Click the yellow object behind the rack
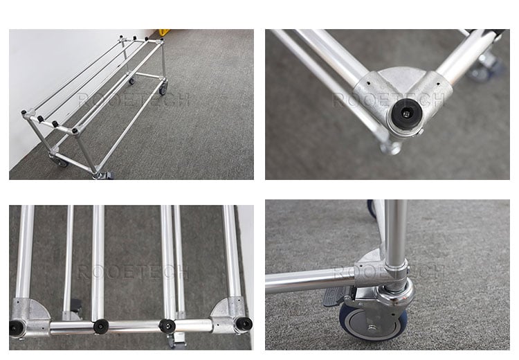164,32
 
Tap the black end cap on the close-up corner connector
406,114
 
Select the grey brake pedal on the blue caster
335,296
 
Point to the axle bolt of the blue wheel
372,328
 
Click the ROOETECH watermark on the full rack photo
134,100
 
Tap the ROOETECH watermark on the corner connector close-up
388,100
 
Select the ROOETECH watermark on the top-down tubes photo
133,272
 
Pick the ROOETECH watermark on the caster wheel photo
388,272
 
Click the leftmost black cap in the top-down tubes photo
15,328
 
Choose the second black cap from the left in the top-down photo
100,326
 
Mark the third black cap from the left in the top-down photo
167,326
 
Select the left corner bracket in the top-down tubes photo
30,317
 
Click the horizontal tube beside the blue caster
309,281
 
